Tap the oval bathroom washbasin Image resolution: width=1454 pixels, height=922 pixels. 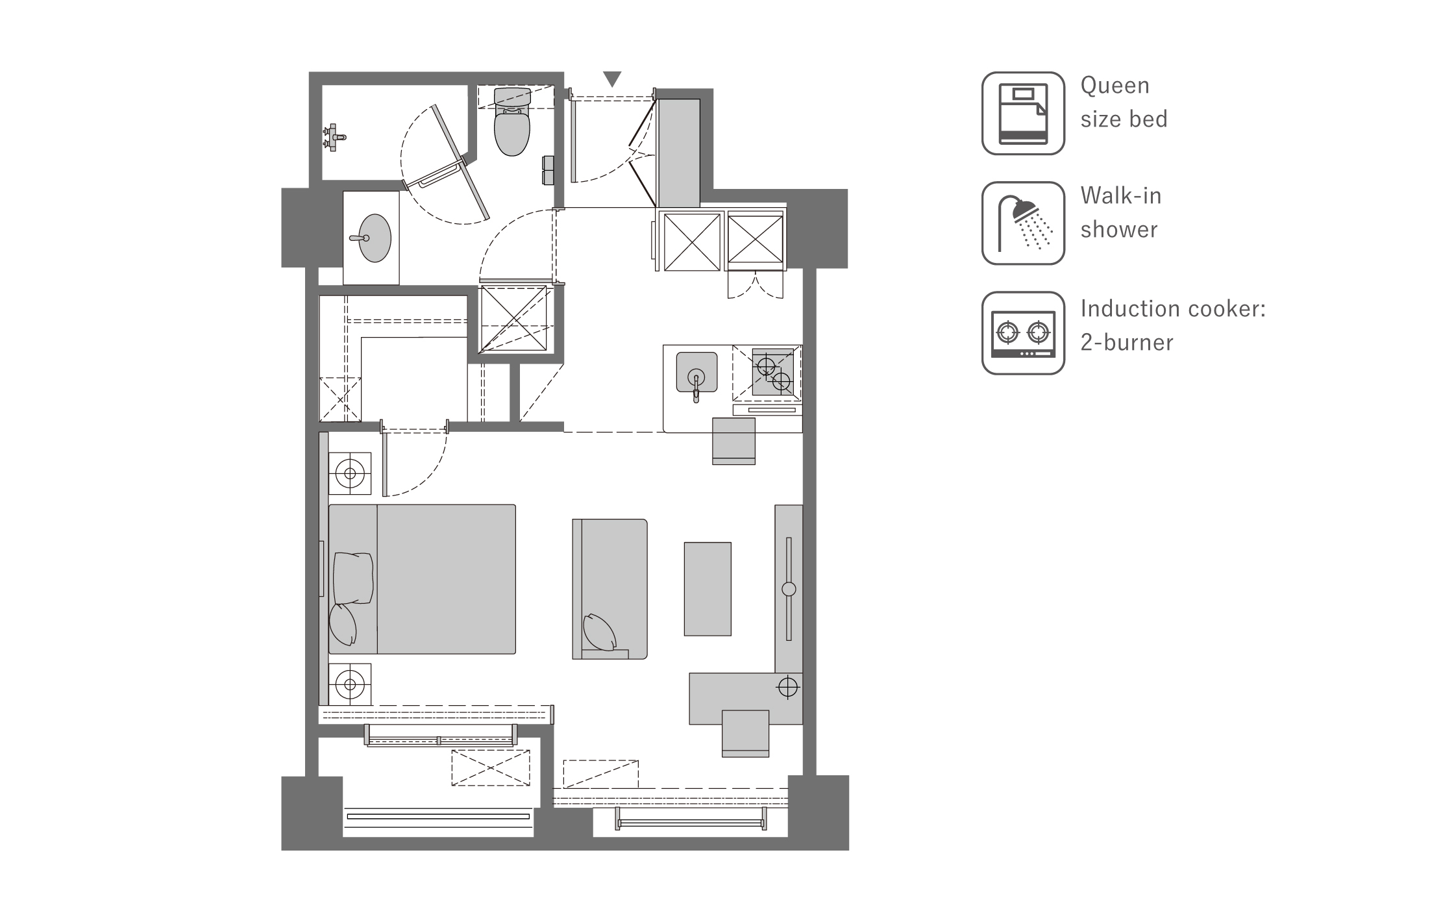[375, 238]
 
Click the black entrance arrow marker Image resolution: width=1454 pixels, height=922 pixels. [612, 79]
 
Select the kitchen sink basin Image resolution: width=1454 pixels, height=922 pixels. [696, 373]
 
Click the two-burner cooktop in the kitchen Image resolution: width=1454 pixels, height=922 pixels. [773, 372]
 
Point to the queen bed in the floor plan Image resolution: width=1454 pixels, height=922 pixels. [422, 579]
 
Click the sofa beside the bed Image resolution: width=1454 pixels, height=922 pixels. [610, 589]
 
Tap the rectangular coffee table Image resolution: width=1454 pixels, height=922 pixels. [708, 589]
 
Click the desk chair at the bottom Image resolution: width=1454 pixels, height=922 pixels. [745, 734]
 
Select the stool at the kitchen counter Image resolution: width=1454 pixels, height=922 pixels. [733, 442]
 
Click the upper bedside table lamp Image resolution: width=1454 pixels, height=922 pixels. [350, 473]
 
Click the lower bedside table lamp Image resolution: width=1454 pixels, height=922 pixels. [350, 684]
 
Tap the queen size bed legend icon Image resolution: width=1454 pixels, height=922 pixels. [1023, 113]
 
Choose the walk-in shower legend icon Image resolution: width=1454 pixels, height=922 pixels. [1023, 223]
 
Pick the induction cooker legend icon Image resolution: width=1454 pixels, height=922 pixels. [1023, 333]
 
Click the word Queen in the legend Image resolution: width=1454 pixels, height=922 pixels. [1115, 86]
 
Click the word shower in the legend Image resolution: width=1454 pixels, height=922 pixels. [1119, 229]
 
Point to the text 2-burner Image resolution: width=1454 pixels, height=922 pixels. [1127, 342]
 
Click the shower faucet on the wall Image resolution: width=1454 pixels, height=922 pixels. [335, 137]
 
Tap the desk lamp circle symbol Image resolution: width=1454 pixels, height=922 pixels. [787, 687]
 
